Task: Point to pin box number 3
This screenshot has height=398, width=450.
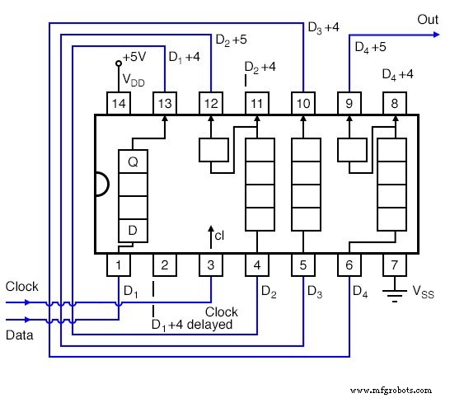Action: tap(211, 265)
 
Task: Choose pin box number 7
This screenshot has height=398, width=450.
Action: tap(396, 265)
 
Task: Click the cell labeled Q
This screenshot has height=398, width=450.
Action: tap(133, 162)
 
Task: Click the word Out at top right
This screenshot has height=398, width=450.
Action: tap(428, 18)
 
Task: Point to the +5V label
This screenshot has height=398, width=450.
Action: tap(134, 58)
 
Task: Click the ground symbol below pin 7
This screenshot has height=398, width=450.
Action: tap(396, 291)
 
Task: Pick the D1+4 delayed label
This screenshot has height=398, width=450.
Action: tap(191, 325)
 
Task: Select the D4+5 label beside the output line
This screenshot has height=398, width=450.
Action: tap(371, 47)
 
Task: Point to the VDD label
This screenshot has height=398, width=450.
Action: tap(133, 79)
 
